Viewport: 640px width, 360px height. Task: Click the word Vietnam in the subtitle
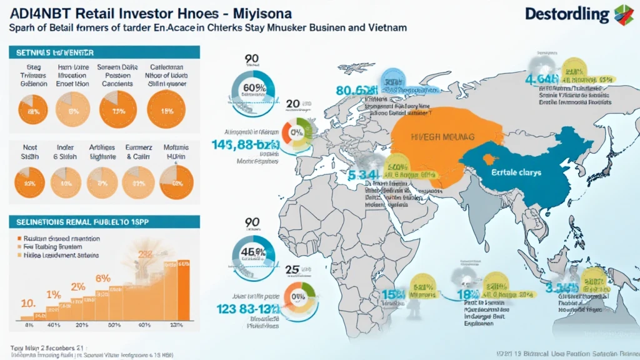pyautogui.click(x=384, y=27)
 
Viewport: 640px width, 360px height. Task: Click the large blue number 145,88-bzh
pyautogui.click(x=239, y=145)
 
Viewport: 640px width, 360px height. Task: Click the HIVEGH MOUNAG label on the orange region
pyautogui.click(x=444, y=136)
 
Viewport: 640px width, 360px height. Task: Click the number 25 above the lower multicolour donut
pyautogui.click(x=292, y=270)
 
